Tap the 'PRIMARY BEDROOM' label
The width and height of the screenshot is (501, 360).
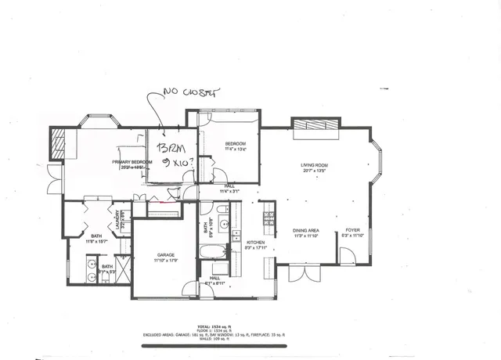coord(131,162)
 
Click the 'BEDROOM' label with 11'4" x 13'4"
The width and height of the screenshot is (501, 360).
coord(236,143)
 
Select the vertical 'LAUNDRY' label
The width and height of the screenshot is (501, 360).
coord(118,216)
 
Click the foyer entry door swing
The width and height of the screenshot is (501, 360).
coord(348,255)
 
